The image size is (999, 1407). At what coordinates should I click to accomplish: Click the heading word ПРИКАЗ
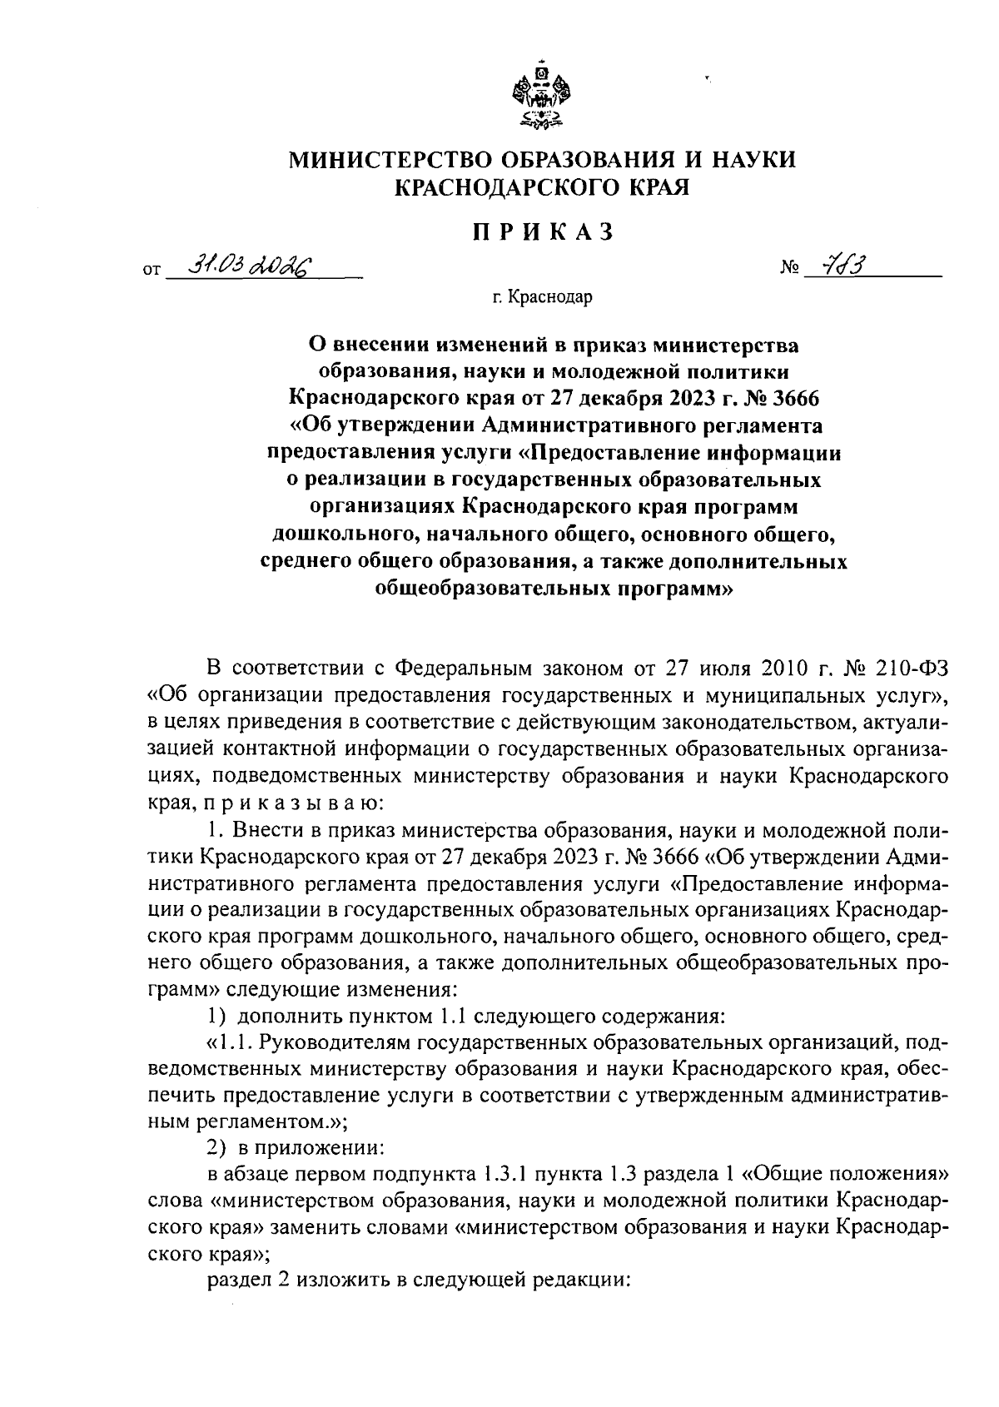tap(542, 232)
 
